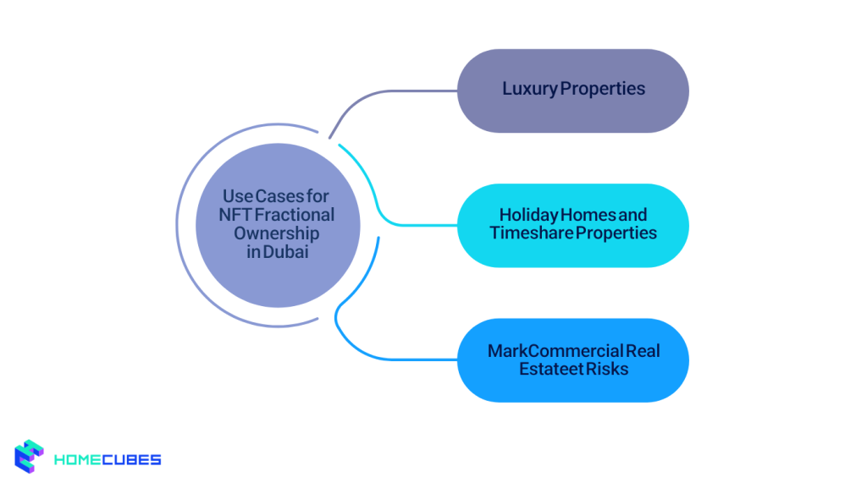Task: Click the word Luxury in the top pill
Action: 529,89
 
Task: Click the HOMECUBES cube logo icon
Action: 30,458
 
